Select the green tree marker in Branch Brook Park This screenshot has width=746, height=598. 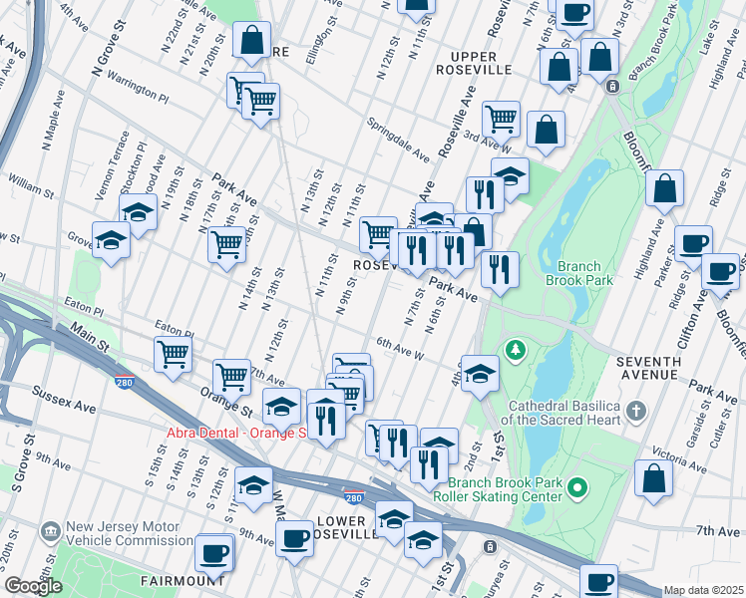[x=515, y=350]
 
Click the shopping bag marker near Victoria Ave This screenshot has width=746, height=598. [x=652, y=477]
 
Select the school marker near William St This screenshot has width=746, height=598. [x=138, y=211]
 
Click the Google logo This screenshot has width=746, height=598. [x=33, y=587]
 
